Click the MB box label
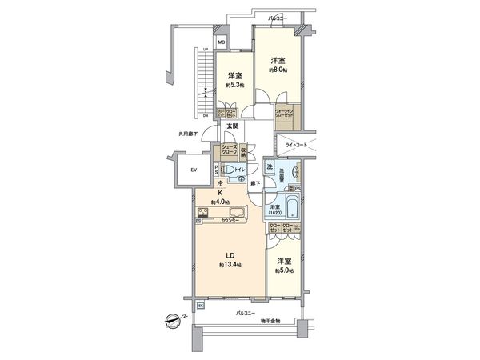pos(222,42)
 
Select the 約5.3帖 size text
pos(234,84)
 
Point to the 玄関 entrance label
pos(232,126)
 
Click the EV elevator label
pos(194,170)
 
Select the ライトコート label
pos(297,146)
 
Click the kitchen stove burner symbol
pos(203,213)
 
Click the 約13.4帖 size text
pos(229,265)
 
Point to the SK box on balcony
pos(201,306)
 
